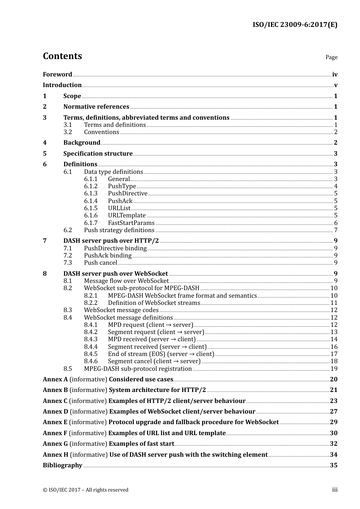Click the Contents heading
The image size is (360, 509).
tap(62, 56)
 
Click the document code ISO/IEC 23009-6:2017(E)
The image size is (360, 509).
tap(295, 25)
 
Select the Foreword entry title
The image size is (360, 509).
tap(57, 75)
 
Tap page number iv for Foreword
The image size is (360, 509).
tap(335, 75)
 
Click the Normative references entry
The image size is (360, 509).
tap(96, 107)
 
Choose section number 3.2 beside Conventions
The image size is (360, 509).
tap(67, 132)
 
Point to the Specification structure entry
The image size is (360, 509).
tap(98, 154)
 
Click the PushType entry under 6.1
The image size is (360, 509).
tap(122, 186)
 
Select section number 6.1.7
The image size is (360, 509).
tap(91, 223)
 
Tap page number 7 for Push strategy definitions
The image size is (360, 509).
tap(336, 230)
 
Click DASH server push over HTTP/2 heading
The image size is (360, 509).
tap(111, 241)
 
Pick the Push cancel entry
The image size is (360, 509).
tap(100, 263)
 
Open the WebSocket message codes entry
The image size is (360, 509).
tap(121, 310)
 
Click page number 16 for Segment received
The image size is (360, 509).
tap(334, 347)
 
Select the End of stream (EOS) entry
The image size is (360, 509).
tap(161, 354)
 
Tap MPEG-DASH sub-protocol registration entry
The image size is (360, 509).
tap(138, 369)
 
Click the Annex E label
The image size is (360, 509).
tap(55, 422)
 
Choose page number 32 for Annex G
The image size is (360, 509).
tap(333, 444)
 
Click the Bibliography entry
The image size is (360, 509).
tap(63, 465)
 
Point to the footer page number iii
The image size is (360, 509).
tap(335, 490)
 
